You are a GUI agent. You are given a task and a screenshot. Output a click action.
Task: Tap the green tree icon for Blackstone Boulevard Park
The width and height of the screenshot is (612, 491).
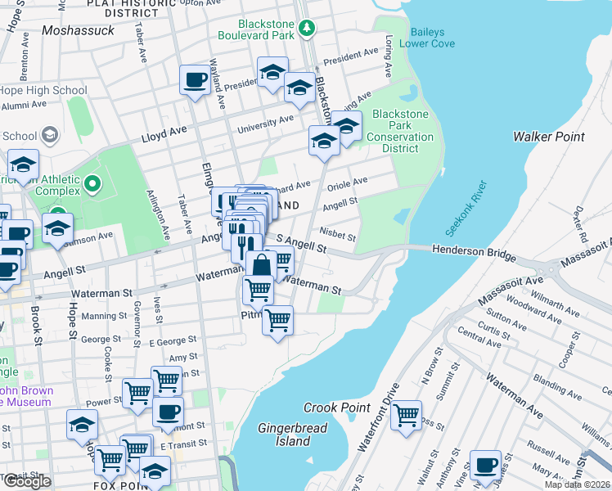307,29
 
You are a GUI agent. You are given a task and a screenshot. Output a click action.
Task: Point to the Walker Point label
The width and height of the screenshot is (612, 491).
548,137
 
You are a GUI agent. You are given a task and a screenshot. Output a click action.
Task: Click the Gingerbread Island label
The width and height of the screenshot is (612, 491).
292,435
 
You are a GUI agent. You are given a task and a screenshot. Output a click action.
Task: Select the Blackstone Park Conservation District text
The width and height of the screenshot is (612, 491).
401,132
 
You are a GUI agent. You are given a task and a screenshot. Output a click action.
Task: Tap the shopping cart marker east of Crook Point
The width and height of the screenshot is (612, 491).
406,416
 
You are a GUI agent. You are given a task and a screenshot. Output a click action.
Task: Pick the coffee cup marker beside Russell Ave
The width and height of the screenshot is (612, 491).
485,464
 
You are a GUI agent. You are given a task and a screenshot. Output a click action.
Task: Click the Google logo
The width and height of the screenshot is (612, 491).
27,482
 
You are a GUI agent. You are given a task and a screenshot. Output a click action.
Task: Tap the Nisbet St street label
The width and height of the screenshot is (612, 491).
338,236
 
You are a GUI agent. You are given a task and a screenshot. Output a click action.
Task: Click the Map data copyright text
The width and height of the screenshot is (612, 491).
578,484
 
